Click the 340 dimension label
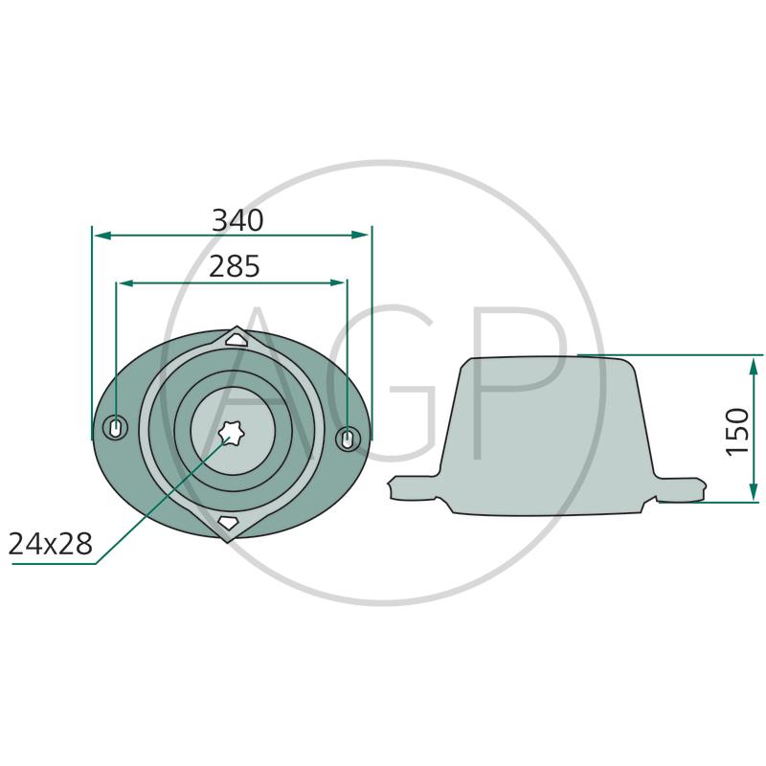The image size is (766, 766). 237,220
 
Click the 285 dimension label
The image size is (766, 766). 235,267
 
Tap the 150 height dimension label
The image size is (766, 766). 737,432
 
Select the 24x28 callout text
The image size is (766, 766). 51,544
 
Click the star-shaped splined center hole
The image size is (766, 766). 231,433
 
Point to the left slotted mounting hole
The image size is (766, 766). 116,428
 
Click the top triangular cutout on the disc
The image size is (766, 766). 237,340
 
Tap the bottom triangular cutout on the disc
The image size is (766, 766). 228,522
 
